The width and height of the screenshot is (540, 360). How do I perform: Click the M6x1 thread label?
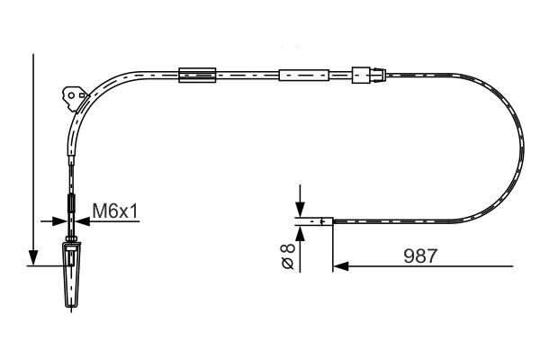pyautogui.click(x=115, y=211)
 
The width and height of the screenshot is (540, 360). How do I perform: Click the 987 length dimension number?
pyautogui.click(x=420, y=256)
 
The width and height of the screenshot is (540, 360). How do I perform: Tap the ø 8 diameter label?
pyautogui.click(x=288, y=256)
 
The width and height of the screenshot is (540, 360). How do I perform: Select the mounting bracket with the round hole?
pyautogui.click(x=75, y=98)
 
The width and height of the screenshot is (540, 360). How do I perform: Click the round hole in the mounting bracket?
pyautogui.click(x=71, y=95)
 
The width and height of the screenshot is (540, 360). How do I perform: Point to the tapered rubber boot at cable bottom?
pyautogui.click(x=71, y=274)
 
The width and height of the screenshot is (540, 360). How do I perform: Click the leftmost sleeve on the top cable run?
pyautogui.click(x=197, y=75)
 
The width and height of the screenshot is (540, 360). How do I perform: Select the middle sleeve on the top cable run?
pyautogui.click(x=304, y=75)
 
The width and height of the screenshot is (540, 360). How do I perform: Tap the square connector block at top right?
pyautogui.click(x=361, y=75)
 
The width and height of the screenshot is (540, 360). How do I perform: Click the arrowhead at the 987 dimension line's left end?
pyautogui.click(x=341, y=266)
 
